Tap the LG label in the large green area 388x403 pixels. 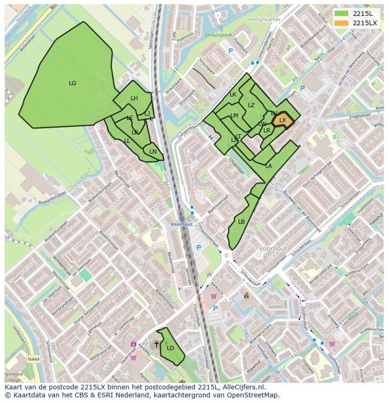click(73, 83)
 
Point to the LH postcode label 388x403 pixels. click(134, 98)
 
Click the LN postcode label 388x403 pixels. click(153, 151)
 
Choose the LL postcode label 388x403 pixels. click(127, 141)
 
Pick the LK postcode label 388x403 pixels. click(233, 95)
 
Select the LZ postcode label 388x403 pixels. click(251, 105)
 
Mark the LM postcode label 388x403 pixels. click(234, 116)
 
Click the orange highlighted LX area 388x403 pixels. click(283, 120)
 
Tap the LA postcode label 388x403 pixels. click(269, 166)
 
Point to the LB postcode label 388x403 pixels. click(241, 222)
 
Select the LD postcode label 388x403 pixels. click(171, 348)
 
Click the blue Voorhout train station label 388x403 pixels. click(181, 224)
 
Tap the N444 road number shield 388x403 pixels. click(33, 359)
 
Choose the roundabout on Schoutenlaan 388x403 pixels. click(227, 256)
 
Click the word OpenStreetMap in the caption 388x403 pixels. click(254, 395)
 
